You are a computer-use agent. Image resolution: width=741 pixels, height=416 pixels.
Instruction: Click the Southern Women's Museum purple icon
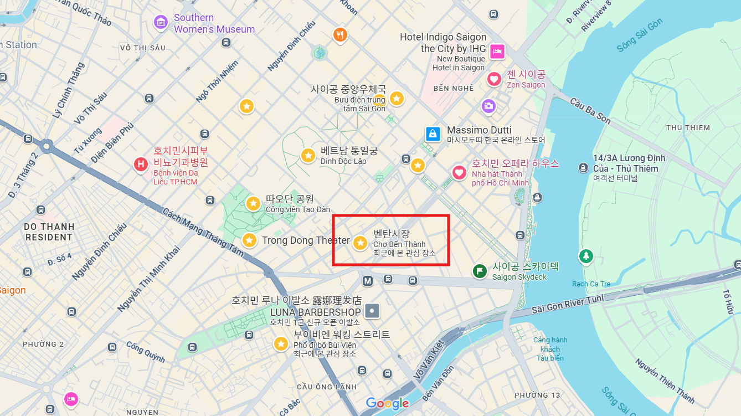pos(161,23)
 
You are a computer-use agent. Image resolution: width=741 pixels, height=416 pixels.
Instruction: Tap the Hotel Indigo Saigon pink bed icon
pos(497,52)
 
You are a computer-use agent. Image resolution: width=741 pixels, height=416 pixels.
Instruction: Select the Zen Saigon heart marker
pos(494,79)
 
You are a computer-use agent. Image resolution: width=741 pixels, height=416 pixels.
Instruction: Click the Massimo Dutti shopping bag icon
pos(433,133)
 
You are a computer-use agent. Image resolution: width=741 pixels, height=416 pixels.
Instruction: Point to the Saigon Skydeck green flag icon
pos(480,271)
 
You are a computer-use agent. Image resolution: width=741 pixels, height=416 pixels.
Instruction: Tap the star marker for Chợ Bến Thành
pos(360,243)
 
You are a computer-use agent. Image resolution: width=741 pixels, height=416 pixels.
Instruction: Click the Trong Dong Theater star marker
pos(249,240)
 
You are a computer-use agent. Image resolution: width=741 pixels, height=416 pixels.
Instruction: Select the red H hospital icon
pos(141,164)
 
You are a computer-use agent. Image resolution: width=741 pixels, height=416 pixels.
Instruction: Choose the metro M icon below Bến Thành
pos(367,281)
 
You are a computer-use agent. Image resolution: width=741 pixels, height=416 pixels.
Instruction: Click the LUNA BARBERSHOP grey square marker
pos(373,311)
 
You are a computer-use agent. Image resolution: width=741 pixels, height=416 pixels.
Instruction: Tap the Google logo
pos(387,403)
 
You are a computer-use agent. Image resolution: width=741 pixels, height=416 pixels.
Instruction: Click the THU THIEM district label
pos(688,127)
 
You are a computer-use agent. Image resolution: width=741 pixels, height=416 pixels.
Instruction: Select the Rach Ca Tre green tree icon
pos(585,256)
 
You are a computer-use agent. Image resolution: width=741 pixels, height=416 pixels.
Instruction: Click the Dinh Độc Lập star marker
pos(308,156)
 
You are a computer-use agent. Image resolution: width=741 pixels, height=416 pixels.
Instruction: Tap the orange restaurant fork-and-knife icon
pos(340,35)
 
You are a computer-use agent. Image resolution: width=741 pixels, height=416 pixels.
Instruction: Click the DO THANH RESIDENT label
pos(49,232)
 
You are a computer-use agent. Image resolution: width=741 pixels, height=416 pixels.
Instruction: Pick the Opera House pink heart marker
pos(459,173)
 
